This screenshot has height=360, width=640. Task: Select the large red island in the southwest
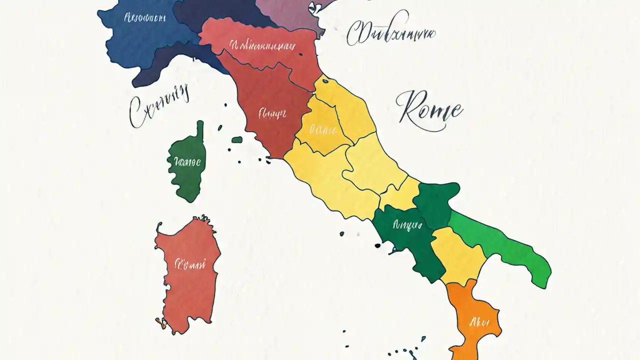(186, 280)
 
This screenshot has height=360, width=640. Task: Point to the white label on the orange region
(477, 321)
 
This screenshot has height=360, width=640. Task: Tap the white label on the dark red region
(272, 113)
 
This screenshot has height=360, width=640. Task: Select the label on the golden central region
(322, 130)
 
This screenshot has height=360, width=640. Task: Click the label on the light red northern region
(260, 46)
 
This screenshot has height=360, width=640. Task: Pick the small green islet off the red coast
(237, 139)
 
